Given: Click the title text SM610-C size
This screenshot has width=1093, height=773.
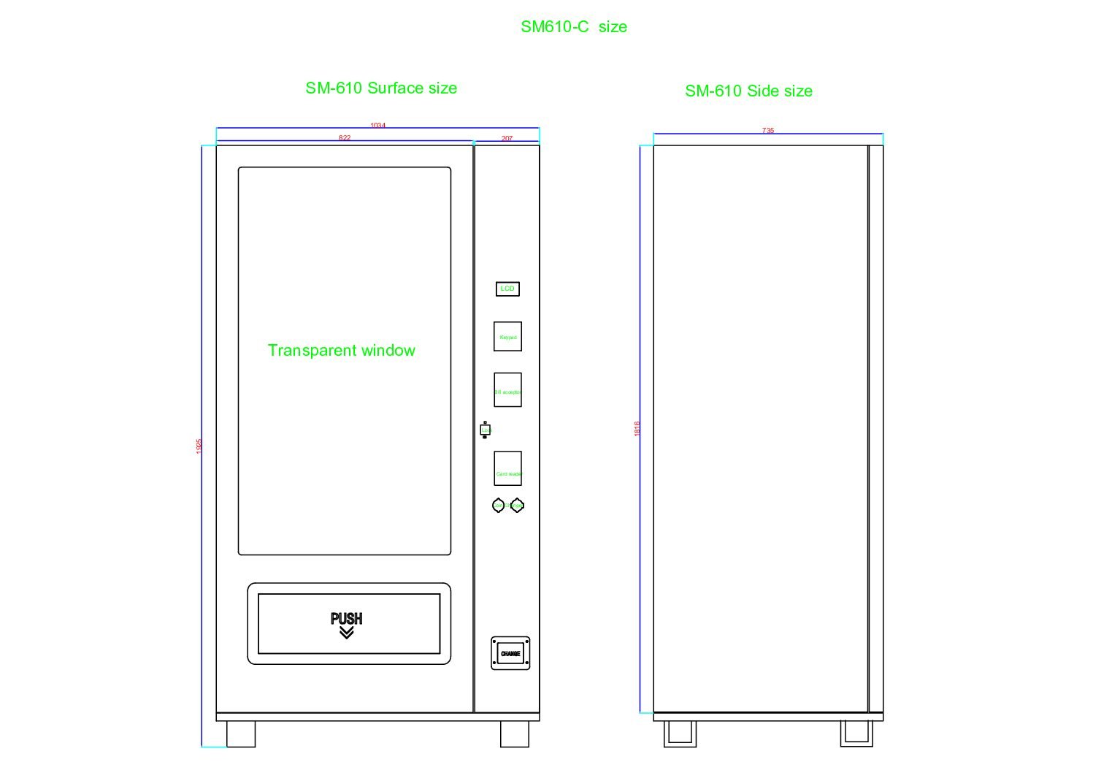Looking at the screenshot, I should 573,27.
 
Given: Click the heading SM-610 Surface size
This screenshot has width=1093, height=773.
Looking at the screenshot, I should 381,88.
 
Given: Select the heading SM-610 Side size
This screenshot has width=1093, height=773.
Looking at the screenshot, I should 748,91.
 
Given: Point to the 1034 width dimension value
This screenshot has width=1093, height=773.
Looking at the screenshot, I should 377,126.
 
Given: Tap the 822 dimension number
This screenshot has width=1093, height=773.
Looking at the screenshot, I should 345,137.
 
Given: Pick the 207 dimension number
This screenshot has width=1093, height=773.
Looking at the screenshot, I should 507,138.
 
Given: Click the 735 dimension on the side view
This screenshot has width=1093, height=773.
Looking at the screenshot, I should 768,131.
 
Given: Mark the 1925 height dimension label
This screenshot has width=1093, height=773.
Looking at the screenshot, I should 199,446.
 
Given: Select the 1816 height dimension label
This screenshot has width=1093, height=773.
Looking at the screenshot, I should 637,429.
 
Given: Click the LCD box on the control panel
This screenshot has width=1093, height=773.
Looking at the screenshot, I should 507,289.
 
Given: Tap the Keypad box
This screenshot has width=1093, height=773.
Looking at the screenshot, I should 507,336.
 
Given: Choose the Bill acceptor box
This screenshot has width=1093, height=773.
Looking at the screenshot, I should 507,390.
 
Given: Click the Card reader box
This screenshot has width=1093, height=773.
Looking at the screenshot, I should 507,468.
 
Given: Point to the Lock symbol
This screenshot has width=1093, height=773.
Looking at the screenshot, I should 485,430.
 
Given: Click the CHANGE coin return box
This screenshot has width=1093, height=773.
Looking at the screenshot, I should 510,653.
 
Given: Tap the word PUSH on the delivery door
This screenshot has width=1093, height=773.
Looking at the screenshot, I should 347,618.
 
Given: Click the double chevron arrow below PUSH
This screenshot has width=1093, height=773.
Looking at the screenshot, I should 347,633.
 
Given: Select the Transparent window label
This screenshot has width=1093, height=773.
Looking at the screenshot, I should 341,351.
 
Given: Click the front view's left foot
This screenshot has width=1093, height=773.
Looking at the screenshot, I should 241,734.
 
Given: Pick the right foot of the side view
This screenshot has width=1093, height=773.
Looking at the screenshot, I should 856,733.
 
